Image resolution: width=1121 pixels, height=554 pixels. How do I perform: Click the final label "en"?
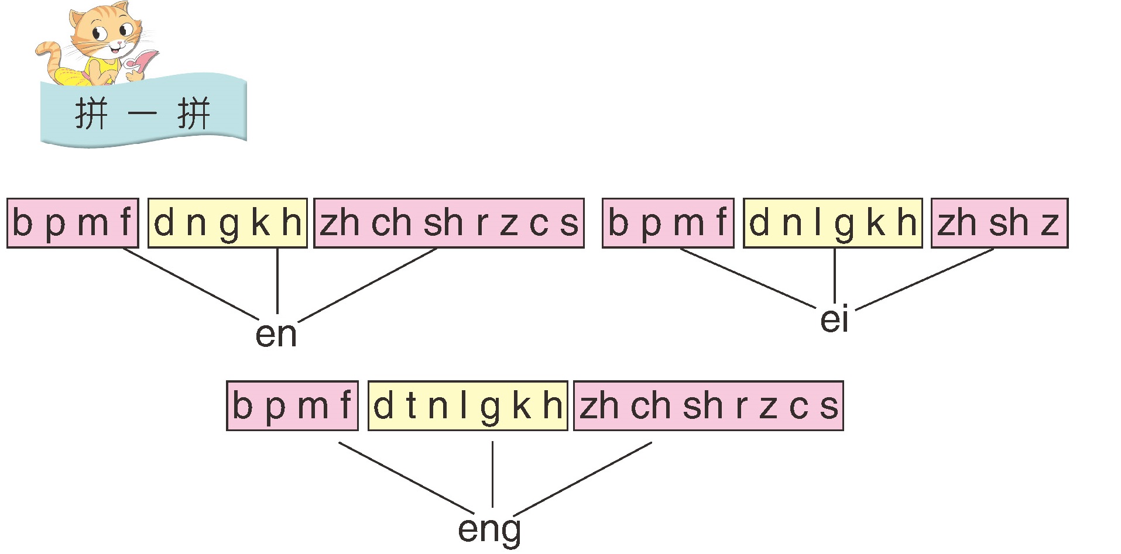pyautogui.click(x=276, y=335)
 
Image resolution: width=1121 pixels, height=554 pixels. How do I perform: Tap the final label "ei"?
pyautogui.click(x=834, y=320)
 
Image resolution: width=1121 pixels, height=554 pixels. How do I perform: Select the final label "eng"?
pyautogui.click(x=489, y=529)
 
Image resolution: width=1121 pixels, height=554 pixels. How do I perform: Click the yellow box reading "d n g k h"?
pyautogui.click(x=227, y=223)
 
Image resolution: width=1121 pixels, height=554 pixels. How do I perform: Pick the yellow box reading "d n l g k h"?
pyautogui.click(x=832, y=223)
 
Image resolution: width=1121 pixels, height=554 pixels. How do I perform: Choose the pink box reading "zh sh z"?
pyautogui.click(x=999, y=223)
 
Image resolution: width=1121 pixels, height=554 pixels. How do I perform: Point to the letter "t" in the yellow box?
pyautogui.click(x=411, y=405)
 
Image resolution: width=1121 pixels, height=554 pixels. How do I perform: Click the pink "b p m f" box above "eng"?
pyautogui.click(x=292, y=405)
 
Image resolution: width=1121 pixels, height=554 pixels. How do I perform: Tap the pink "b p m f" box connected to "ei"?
pyautogui.click(x=667, y=223)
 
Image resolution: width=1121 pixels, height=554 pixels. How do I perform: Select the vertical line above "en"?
pyautogui.click(x=277, y=281)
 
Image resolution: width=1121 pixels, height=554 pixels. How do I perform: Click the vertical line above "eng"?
pyautogui.click(x=492, y=474)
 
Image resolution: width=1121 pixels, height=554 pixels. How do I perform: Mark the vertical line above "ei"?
pyautogui.click(x=834, y=275)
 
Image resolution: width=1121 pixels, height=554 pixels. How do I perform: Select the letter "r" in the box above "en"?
pyautogui.click(x=481, y=223)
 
